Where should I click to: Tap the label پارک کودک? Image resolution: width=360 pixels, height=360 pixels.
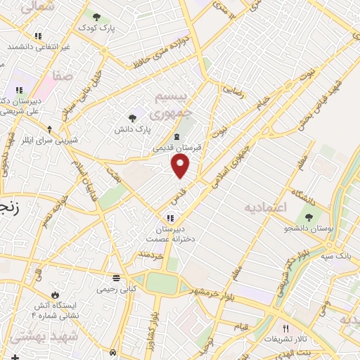96,27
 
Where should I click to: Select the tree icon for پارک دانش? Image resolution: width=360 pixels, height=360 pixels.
132,118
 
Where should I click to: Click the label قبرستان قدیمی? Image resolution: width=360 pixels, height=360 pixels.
177,148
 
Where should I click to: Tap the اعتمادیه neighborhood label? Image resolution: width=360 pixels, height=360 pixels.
266,208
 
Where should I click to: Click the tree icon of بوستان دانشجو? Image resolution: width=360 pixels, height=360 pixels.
307,215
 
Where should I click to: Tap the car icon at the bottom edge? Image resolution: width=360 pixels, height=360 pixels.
114,350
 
